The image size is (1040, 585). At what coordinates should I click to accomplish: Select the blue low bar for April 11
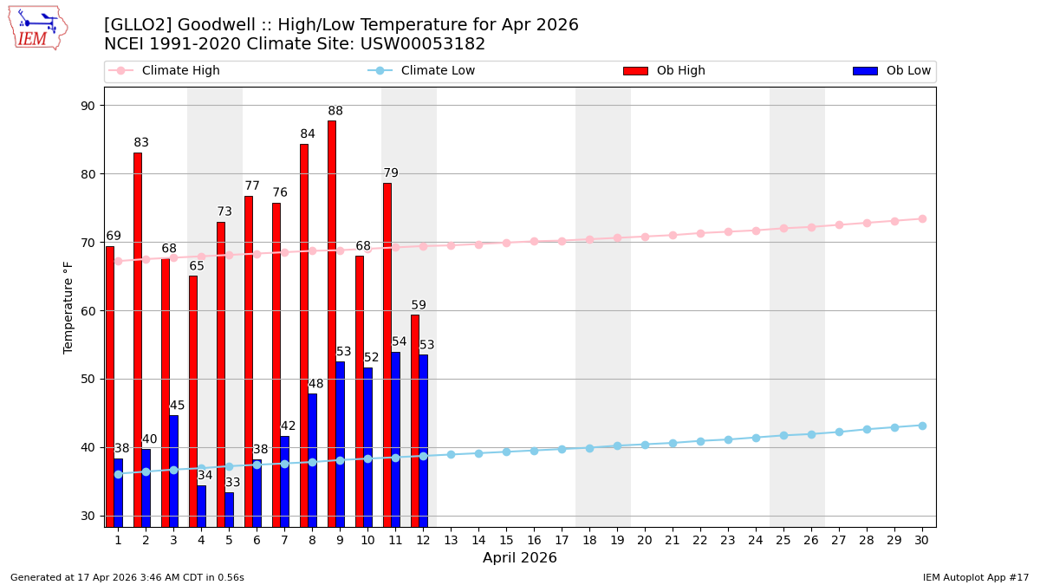(395, 439)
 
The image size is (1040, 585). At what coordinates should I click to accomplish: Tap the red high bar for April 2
(138, 339)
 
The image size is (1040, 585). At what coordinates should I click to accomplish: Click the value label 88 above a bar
(335, 111)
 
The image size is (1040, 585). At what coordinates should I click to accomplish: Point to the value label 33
(233, 483)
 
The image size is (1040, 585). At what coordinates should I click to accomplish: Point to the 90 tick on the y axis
(88, 106)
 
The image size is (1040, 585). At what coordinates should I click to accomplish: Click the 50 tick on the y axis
(88, 379)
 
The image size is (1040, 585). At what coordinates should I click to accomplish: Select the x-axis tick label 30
(922, 540)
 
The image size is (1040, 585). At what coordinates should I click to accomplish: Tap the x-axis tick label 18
(589, 540)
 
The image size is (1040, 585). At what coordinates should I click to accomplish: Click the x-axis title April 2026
(520, 558)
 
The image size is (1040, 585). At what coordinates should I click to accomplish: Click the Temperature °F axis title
(68, 307)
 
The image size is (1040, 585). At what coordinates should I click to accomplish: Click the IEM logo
(37, 28)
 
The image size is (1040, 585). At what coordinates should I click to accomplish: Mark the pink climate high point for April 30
(922, 218)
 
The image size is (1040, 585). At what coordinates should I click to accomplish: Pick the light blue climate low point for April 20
(645, 445)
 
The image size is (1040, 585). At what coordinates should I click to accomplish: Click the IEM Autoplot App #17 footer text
(975, 577)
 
